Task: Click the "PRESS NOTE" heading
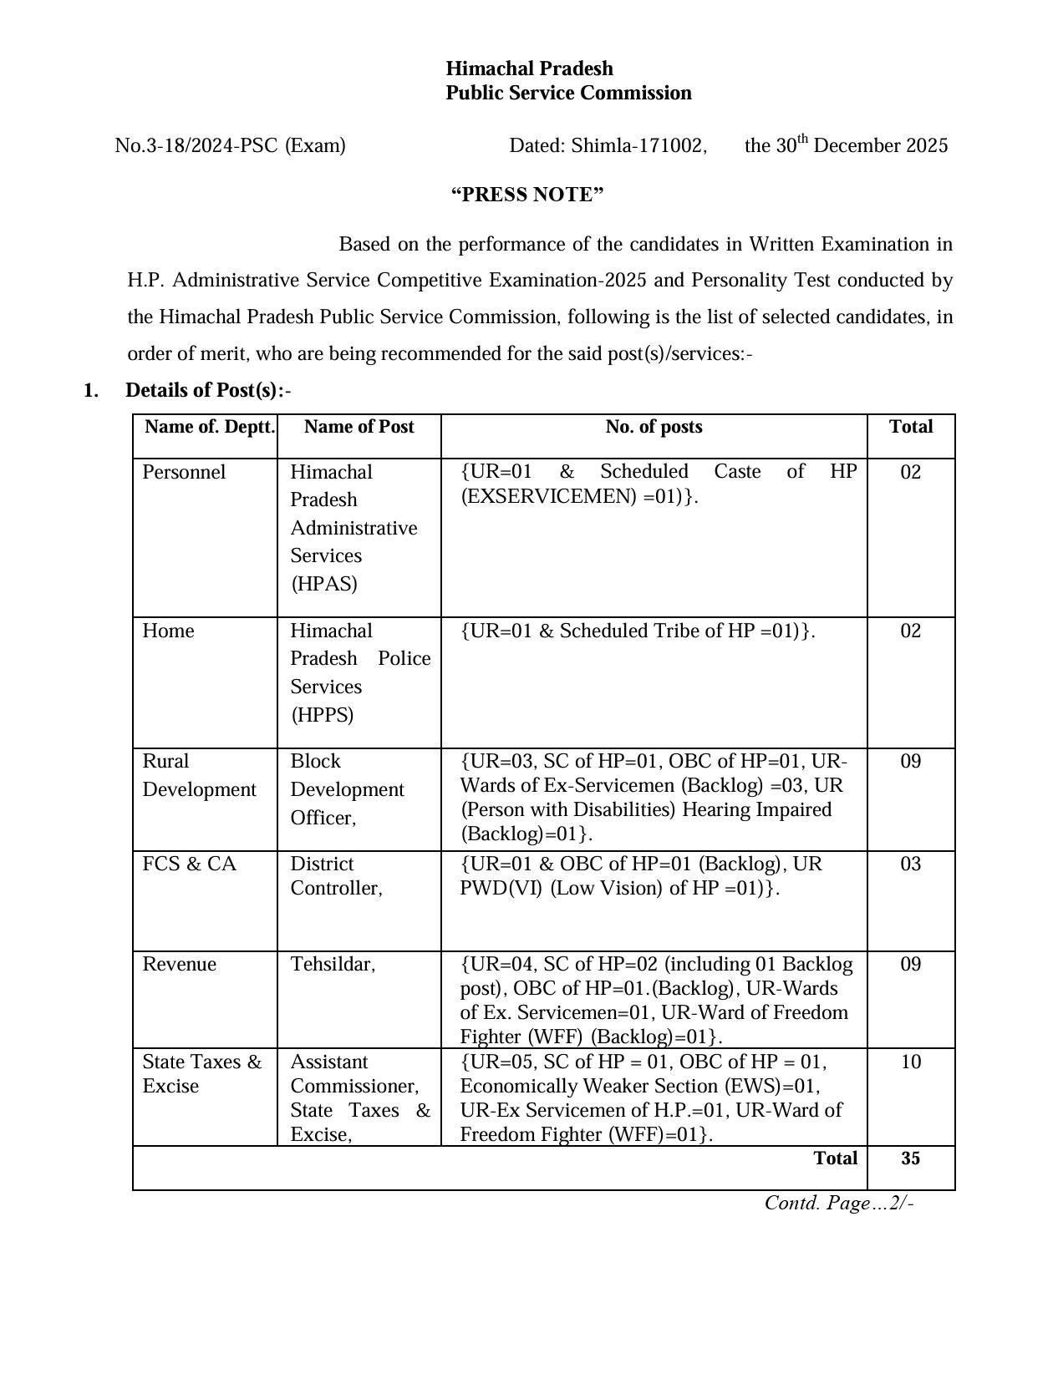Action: point(527,195)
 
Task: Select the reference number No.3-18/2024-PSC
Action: point(196,146)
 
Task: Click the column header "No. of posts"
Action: point(654,427)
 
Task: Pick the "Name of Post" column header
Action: point(359,427)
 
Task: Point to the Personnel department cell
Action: point(184,472)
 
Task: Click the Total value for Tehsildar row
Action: point(910,965)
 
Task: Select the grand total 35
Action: point(910,1158)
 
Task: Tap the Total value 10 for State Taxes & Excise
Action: point(910,1062)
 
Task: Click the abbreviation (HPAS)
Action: point(324,584)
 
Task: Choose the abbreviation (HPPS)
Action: point(322,715)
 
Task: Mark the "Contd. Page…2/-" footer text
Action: point(839,1203)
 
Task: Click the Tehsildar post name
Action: point(333,965)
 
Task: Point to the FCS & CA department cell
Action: point(190,864)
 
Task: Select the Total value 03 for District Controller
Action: point(910,864)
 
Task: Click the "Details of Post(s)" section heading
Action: point(205,390)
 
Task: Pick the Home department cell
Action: point(168,631)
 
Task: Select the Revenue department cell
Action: point(179,965)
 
